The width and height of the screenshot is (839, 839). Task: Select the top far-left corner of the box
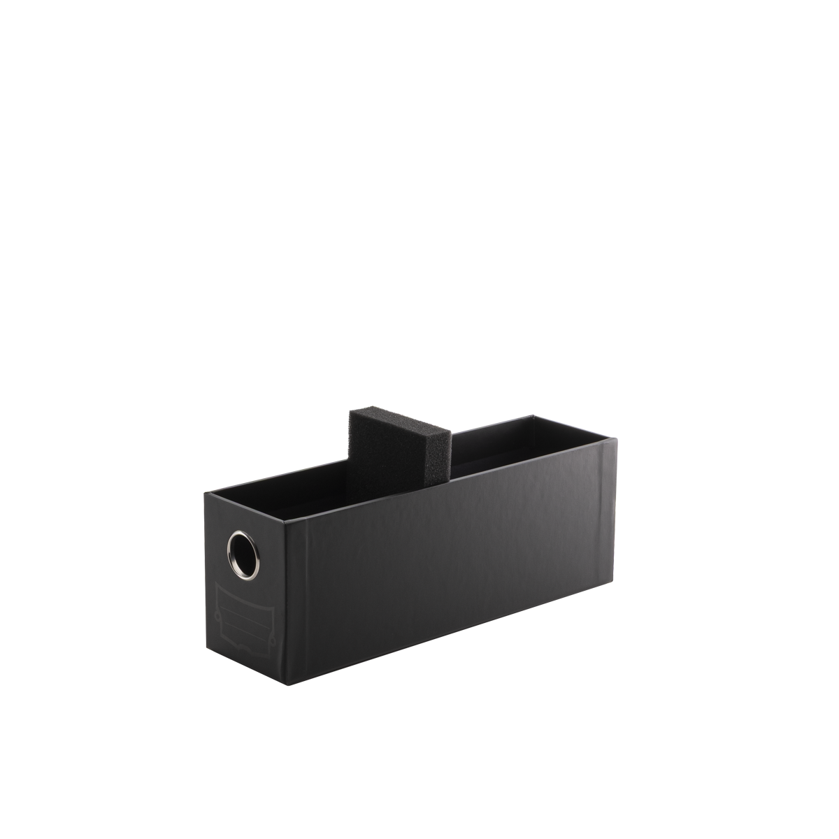click(x=207, y=495)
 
